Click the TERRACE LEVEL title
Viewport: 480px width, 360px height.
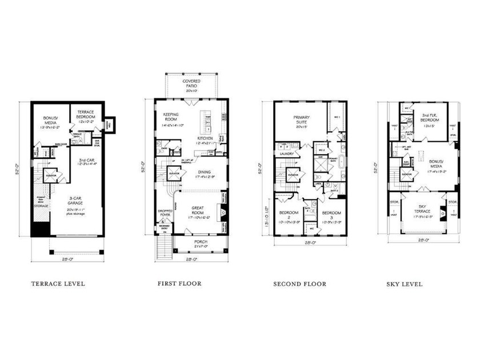(58, 283)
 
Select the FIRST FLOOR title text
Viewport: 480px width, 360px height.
(179, 283)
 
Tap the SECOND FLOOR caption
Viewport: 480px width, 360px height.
(299, 283)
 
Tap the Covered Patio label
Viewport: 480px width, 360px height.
(191, 85)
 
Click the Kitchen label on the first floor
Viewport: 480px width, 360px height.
(206, 138)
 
